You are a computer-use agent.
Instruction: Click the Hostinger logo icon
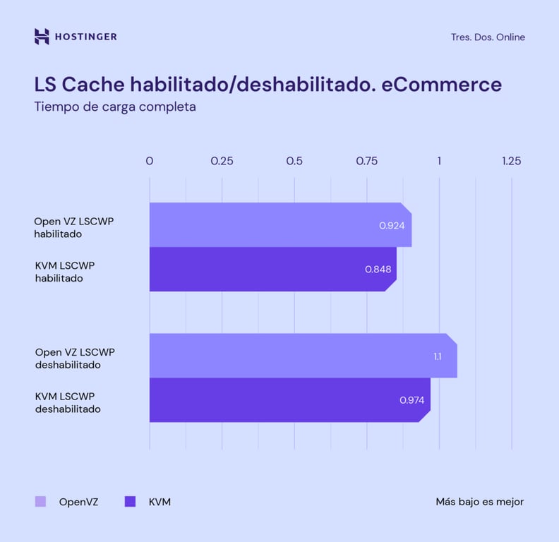(x=42, y=37)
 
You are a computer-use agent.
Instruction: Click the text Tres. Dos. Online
(x=488, y=37)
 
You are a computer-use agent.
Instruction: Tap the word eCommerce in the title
(x=441, y=85)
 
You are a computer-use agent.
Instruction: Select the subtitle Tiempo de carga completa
(x=115, y=108)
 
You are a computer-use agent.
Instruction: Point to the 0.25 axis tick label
(x=222, y=161)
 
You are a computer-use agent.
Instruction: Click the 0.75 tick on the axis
(x=367, y=161)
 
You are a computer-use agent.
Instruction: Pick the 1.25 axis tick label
(x=511, y=161)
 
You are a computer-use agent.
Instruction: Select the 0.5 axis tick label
(x=294, y=161)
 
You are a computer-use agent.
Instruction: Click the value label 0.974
(x=411, y=400)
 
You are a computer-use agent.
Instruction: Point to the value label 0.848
(x=378, y=269)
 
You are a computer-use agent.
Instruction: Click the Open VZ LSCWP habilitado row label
(x=74, y=227)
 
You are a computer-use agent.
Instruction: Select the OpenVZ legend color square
(x=40, y=502)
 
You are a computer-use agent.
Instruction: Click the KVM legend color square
(x=130, y=502)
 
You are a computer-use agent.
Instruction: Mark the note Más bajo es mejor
(x=480, y=502)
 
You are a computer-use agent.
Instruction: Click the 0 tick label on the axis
(x=150, y=161)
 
